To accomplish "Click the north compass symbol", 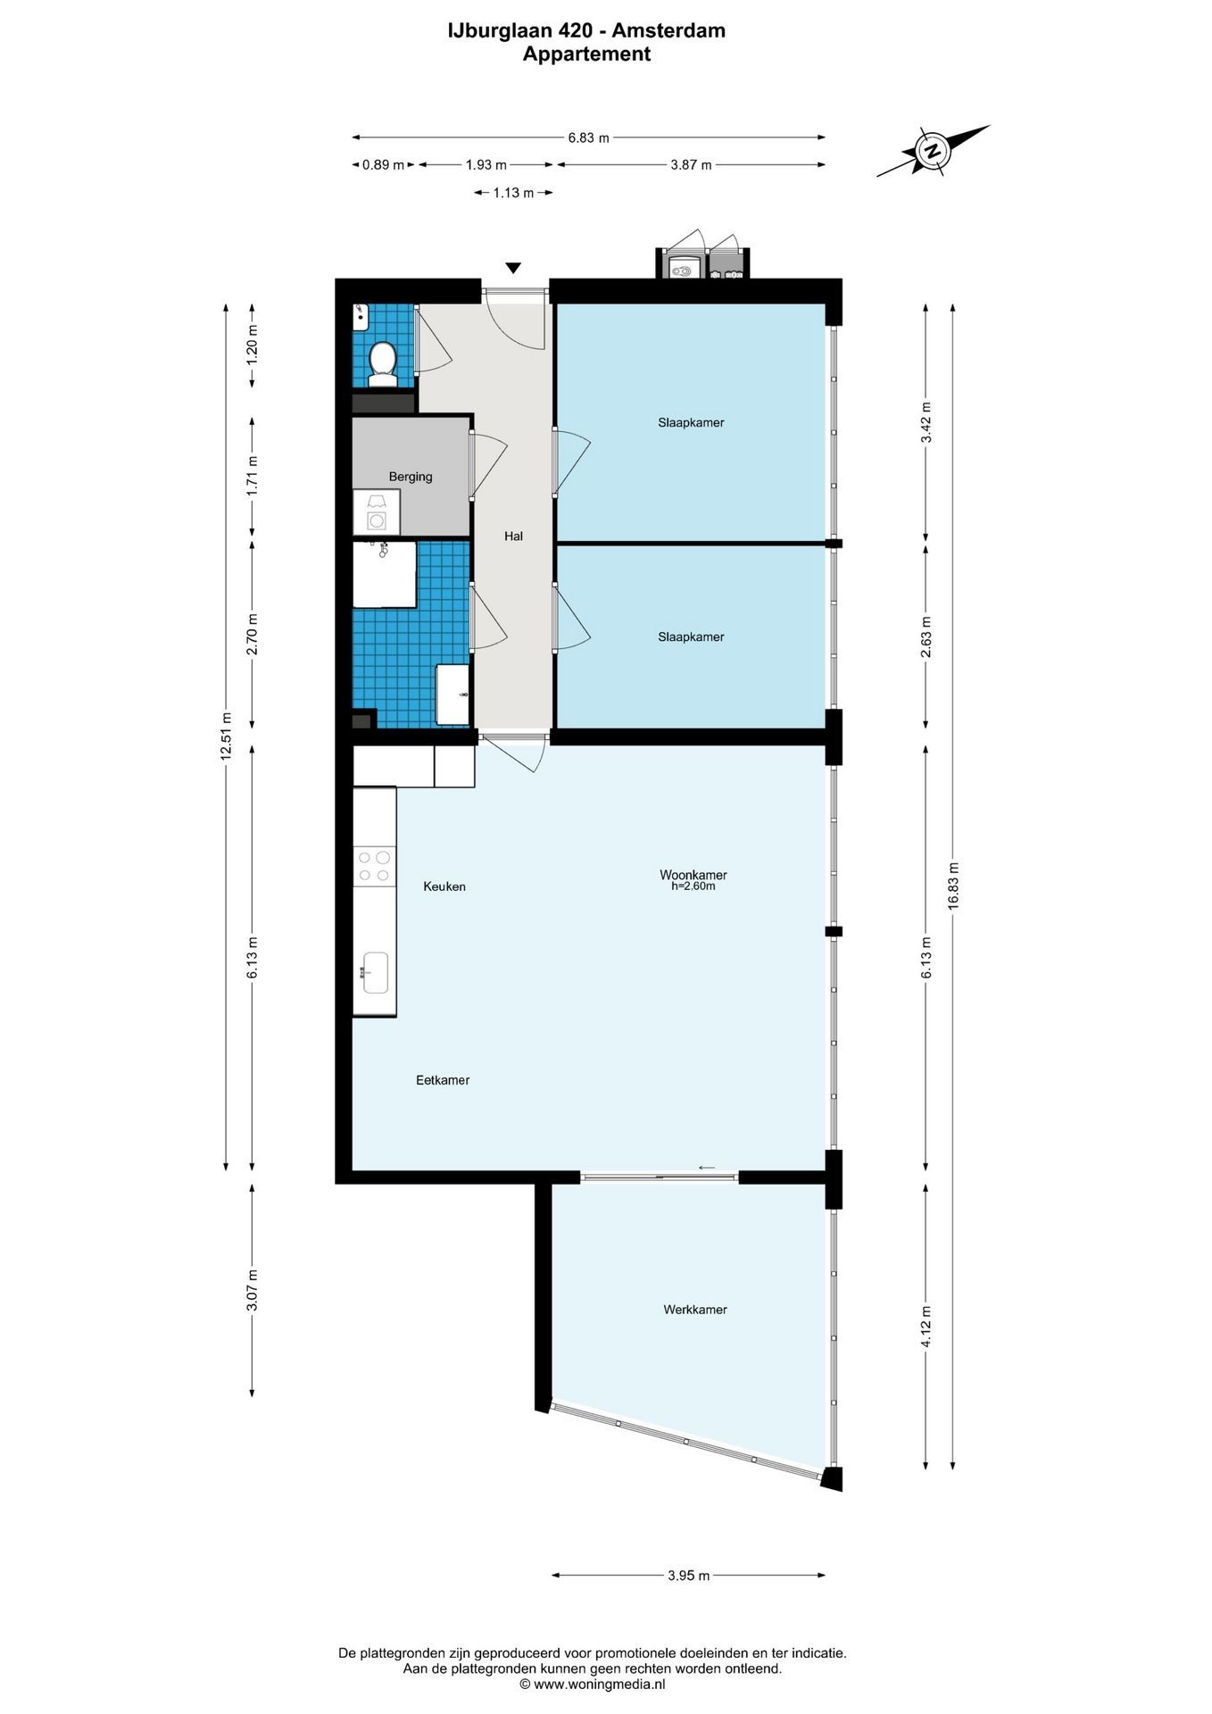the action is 934,150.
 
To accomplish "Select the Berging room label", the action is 411,477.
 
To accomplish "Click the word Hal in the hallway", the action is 513,537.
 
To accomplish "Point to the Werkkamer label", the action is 695,1310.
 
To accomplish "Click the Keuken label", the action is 444,886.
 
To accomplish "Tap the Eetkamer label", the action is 443,1080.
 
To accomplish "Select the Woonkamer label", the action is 693,875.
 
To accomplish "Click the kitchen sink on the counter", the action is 375,972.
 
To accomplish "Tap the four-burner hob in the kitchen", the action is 375,867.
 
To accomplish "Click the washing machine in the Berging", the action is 377,512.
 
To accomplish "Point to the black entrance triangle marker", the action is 513,268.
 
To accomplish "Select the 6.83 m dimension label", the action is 589,137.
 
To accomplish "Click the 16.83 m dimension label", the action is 953,886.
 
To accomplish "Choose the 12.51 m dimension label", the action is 226,736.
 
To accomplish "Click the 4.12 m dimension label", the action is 926,1327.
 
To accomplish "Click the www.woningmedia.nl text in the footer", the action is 592,1685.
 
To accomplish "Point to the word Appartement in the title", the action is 586,54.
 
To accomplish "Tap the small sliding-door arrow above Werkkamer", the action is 707,1168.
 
